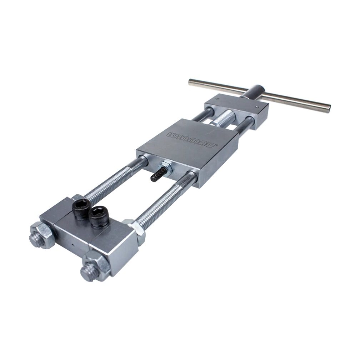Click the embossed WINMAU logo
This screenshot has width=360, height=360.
click(192, 139)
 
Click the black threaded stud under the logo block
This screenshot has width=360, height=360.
click(159, 174)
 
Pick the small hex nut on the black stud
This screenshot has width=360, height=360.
click(166, 169)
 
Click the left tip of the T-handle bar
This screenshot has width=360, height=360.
click(190, 82)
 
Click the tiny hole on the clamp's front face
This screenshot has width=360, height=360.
click(73, 245)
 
